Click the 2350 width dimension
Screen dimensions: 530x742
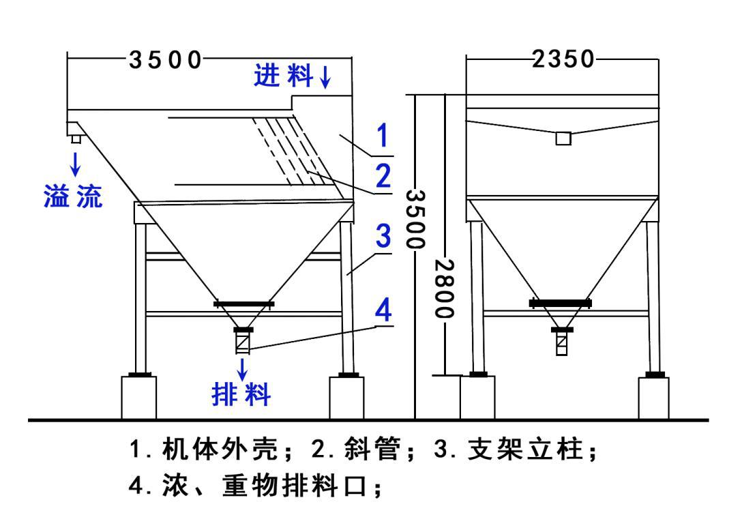pos(563,59)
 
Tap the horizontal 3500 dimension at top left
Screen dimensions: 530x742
pos(166,59)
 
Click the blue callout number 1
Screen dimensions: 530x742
pos(383,136)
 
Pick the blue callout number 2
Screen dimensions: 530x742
pos(383,177)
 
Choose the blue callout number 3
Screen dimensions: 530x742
pos(383,236)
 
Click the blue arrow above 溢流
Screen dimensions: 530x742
pos(75,162)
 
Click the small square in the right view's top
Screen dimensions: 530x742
pos(563,138)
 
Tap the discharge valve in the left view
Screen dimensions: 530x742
pos(243,341)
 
